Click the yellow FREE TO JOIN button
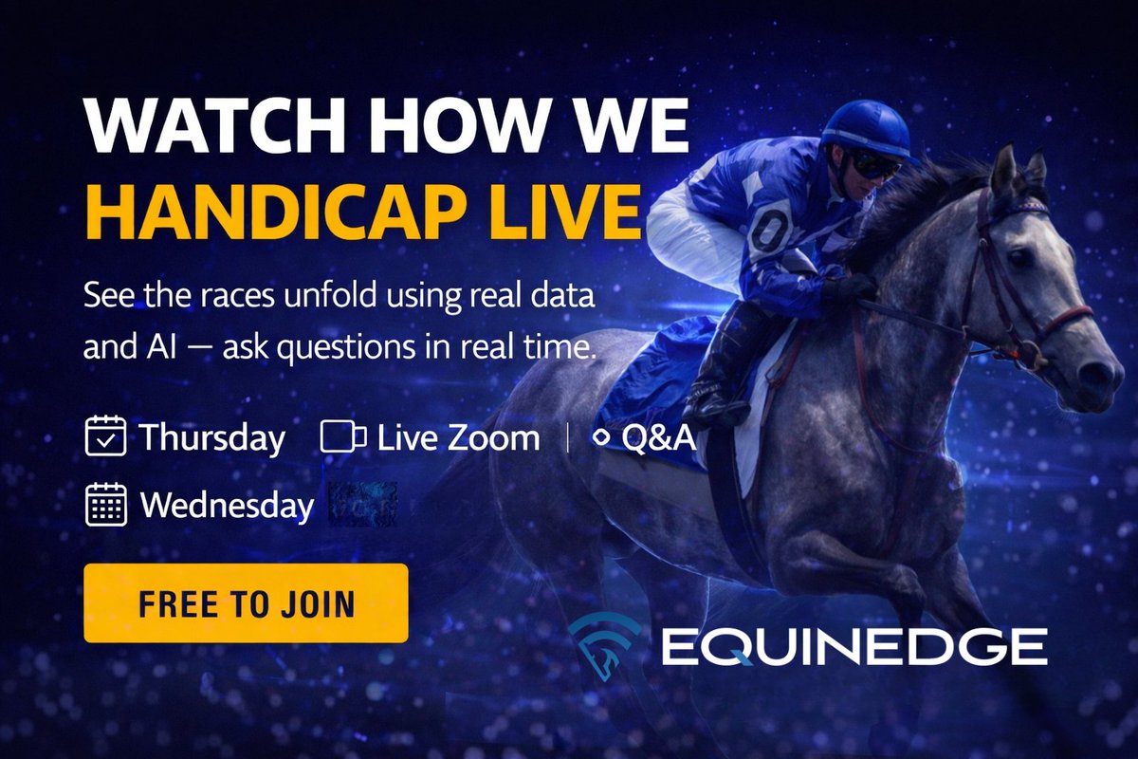(246, 603)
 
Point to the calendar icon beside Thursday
(105, 437)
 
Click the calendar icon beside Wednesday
(105, 505)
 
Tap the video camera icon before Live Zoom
(343, 437)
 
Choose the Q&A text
(658, 437)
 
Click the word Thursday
(211, 437)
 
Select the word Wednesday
(227, 505)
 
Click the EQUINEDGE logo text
(853, 648)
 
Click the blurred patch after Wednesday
(362, 504)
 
